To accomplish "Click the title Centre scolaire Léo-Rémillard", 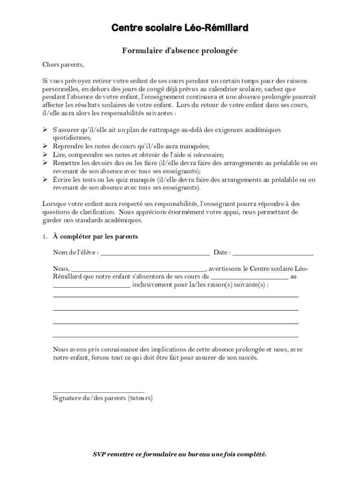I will click(180, 29).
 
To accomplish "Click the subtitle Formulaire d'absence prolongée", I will click(180, 51).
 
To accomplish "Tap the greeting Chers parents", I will click(63, 64).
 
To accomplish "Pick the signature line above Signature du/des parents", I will click(99, 392).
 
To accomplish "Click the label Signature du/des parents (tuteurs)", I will click(102, 399).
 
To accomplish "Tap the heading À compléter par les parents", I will click(95, 237).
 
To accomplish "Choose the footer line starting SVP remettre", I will click(180, 454).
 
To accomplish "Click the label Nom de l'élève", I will click(76, 253).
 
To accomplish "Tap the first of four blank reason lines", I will click(175, 297).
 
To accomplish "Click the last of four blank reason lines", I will click(175, 336).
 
